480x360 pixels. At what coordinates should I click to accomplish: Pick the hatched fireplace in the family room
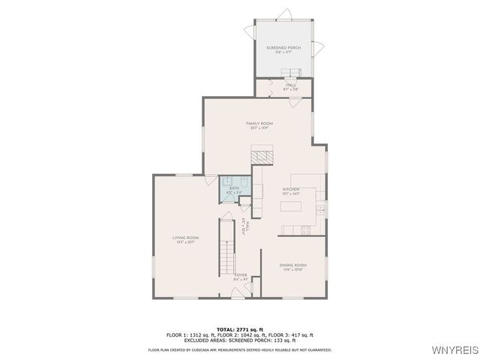coord(263,156)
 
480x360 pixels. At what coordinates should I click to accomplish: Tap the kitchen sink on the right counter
coord(320,208)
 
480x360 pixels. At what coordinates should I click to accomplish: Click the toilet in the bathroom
coord(226,181)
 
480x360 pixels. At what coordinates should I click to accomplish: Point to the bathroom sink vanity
coord(242,182)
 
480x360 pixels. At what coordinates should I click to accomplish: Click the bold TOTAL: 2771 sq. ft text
coord(239,328)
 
